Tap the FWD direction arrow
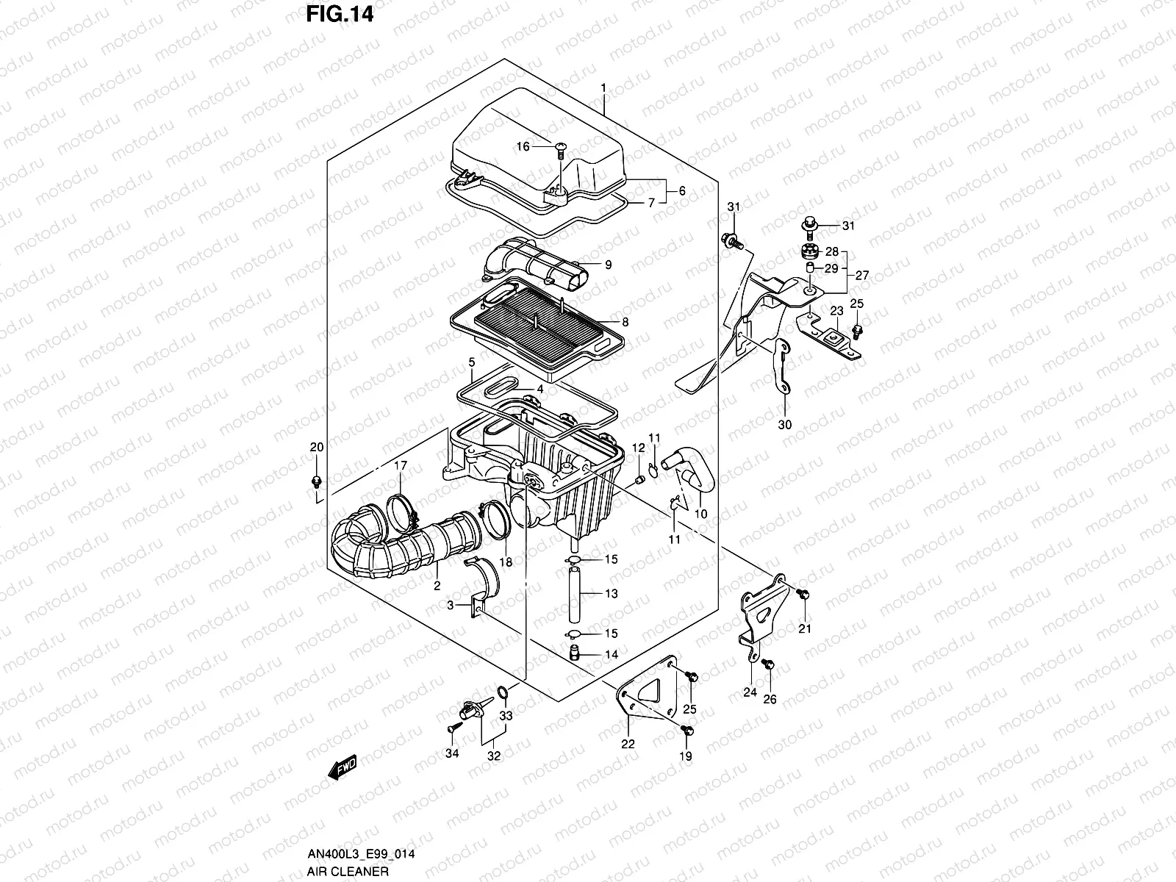tap(343, 768)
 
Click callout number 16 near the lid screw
tap(523, 147)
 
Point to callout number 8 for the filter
tap(625, 321)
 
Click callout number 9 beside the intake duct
tap(608, 265)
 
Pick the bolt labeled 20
tap(316, 481)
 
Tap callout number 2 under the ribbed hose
tap(437, 586)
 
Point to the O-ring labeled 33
tap(502, 692)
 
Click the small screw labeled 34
tap(450, 726)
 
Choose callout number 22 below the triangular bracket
tap(628, 744)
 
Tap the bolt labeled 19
tap(689, 730)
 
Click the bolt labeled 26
tap(768, 664)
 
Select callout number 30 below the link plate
tap(784, 425)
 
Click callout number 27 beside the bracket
tap(862, 276)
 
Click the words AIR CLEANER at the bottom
tap(348, 871)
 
